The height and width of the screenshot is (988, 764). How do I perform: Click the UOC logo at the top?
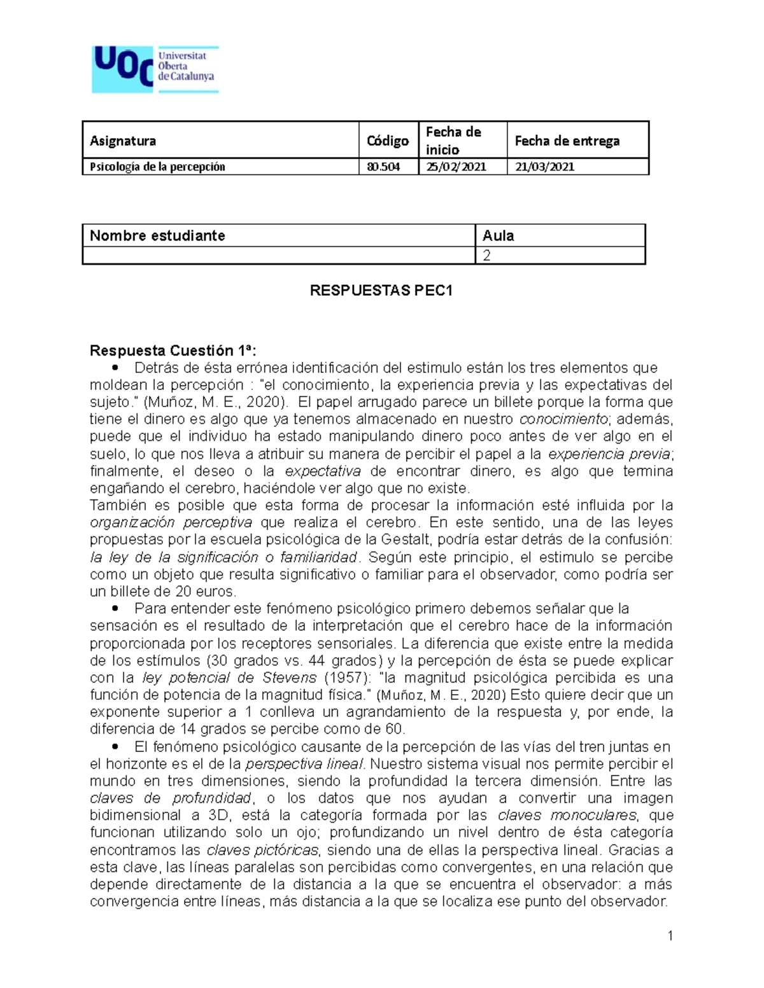pos(155,69)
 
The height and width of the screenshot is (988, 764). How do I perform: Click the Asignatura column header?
pos(123,141)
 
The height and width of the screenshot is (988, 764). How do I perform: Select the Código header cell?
pos(387,141)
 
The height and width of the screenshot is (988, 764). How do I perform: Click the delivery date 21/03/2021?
pos(544,167)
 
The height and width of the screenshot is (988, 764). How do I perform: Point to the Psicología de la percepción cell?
pos(157,167)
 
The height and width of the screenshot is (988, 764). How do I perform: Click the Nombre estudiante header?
pos(157,236)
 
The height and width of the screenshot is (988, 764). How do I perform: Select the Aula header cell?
pos(498,236)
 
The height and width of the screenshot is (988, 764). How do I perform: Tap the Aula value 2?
pos(487,256)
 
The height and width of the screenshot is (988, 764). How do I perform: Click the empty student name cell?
pos(279,256)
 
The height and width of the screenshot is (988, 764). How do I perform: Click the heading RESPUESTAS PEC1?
pos(381,291)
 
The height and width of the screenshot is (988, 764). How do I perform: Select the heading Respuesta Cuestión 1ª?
pos(173,351)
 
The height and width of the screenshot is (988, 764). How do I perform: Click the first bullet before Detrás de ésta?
pos(115,368)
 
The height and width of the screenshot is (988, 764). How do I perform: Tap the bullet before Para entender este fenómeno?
pos(115,609)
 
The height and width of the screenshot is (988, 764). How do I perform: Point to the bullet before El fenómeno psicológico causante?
pos(115,746)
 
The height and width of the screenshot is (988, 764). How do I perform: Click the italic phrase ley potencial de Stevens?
pos(229,678)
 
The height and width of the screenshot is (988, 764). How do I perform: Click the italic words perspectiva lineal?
pos(304,764)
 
